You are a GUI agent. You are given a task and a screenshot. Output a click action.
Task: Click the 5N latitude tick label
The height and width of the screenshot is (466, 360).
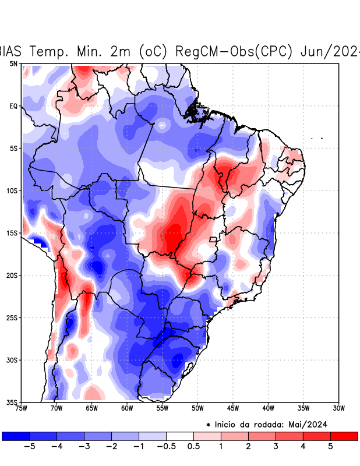click(13, 63)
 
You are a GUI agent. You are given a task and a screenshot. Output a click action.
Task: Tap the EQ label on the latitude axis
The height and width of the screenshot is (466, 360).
click(13, 106)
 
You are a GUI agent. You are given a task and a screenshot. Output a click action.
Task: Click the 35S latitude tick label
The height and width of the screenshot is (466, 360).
click(12, 402)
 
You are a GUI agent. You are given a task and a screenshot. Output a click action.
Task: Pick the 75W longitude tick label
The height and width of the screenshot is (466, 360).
click(22, 408)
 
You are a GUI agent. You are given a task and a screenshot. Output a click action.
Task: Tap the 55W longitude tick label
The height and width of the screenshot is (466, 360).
click(163, 408)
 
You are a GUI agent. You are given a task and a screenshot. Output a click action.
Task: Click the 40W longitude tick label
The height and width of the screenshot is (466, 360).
click(268, 408)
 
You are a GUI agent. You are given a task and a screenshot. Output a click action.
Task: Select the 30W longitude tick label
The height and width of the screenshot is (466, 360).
click(338, 408)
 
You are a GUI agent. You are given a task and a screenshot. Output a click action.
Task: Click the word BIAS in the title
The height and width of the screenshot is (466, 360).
click(10, 51)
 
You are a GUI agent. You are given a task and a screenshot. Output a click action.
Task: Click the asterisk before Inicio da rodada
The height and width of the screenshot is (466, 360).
click(208, 425)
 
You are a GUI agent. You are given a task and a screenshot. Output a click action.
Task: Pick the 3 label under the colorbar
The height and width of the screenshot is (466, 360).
click(276, 446)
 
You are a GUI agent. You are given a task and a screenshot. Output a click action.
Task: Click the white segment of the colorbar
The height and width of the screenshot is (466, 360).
click(180, 436)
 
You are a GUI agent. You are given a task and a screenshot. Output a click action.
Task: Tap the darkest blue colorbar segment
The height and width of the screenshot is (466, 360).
click(16, 436)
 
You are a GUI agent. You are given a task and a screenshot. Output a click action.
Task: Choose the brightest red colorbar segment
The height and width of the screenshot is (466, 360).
click(344, 436)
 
